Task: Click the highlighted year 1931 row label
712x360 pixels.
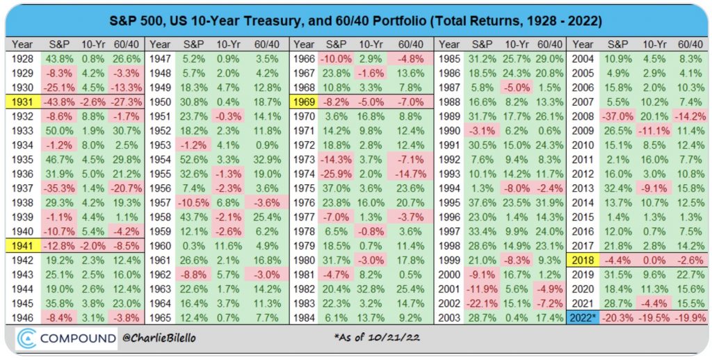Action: (23, 101)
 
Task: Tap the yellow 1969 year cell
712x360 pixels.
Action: (303, 101)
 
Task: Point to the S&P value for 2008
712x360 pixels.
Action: (618, 115)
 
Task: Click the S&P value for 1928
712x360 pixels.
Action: (55, 58)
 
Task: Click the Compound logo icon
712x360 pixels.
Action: (28, 338)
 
